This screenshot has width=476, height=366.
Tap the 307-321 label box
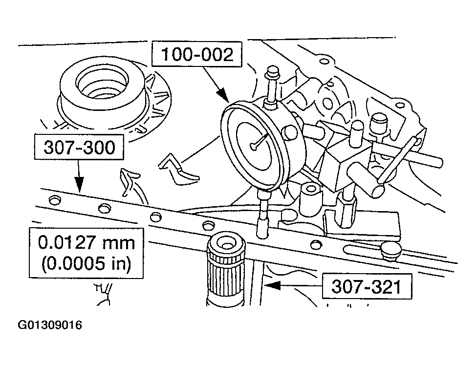pos(366,286)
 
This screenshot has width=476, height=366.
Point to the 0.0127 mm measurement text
pos(87,243)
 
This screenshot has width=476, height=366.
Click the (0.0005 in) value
pos(87,264)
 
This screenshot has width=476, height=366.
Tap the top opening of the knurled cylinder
pos(225,242)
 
